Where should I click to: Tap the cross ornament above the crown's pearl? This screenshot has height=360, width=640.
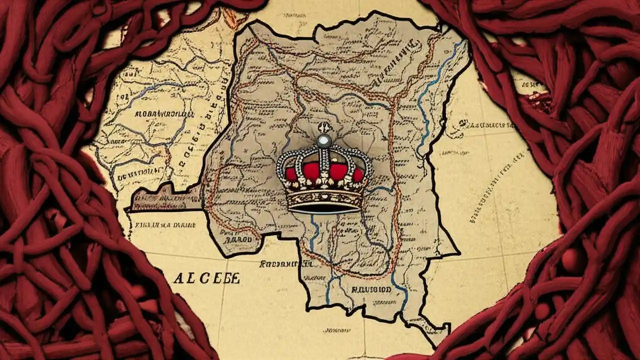322,127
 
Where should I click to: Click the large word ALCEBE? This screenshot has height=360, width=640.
206,278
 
